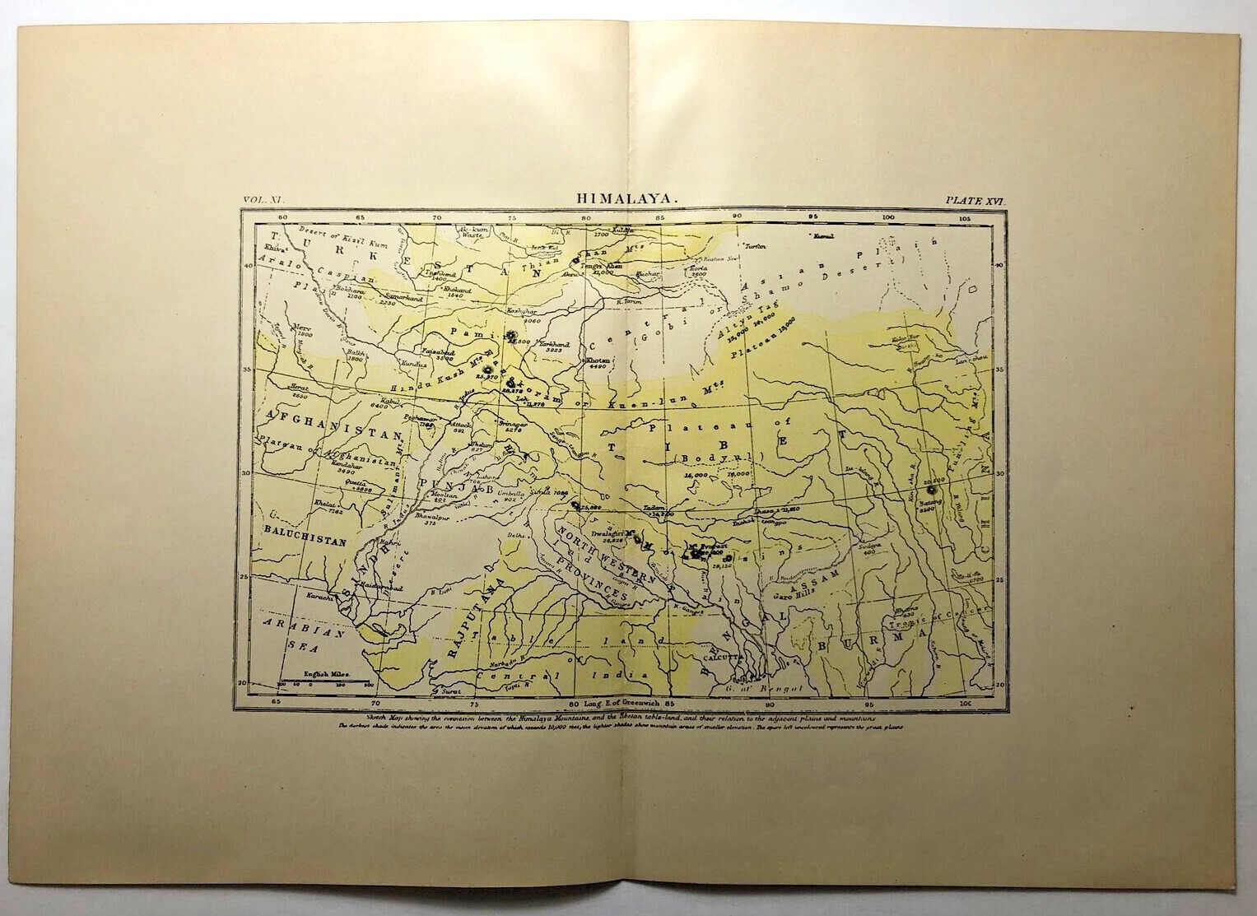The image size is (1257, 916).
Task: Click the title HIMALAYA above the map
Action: coord(627,199)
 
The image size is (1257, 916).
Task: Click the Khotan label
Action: coord(598,361)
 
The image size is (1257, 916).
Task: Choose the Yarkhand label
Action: coord(552,342)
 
